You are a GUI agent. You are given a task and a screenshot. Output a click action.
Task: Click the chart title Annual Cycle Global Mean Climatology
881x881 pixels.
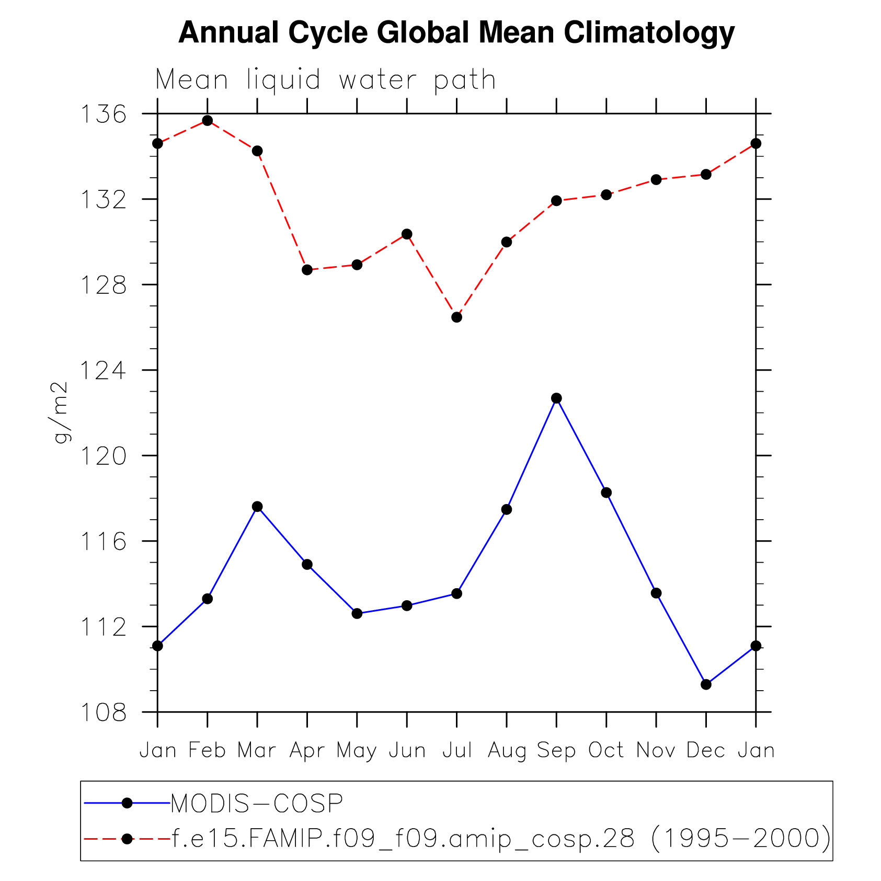click(456, 32)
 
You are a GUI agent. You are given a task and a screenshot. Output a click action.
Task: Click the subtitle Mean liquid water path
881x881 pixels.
click(325, 81)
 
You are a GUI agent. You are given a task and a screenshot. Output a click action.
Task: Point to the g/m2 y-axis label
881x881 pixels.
click(61, 413)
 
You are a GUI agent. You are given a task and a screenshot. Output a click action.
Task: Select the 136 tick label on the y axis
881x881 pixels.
click(103, 114)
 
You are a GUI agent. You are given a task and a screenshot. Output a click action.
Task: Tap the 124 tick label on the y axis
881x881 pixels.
click(103, 370)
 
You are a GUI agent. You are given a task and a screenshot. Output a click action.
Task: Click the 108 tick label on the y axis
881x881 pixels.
click(103, 712)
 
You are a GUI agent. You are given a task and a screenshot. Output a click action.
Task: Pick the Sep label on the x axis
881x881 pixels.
click(556, 751)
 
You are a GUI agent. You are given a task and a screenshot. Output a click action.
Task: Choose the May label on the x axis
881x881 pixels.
click(357, 751)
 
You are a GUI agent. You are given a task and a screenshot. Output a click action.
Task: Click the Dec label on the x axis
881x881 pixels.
click(706, 751)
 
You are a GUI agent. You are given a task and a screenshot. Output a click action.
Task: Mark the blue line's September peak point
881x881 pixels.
click(556, 398)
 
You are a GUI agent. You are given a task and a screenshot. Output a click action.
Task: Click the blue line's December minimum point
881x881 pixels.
click(706, 684)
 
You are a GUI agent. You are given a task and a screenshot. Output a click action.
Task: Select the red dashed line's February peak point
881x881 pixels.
click(208, 121)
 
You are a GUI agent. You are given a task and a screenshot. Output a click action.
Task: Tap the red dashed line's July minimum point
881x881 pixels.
click(456, 317)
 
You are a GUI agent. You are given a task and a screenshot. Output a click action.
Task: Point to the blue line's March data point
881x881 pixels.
click(257, 507)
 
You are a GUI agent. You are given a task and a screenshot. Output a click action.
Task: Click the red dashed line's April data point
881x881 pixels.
click(307, 270)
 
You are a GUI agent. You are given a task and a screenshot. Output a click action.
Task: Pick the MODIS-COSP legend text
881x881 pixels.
click(257, 804)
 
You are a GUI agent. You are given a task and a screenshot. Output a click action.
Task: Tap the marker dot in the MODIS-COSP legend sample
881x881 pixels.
click(127, 803)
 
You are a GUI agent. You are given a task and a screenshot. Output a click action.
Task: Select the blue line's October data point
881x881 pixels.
click(606, 493)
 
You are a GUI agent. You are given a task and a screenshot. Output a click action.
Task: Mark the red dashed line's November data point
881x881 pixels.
click(656, 180)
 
